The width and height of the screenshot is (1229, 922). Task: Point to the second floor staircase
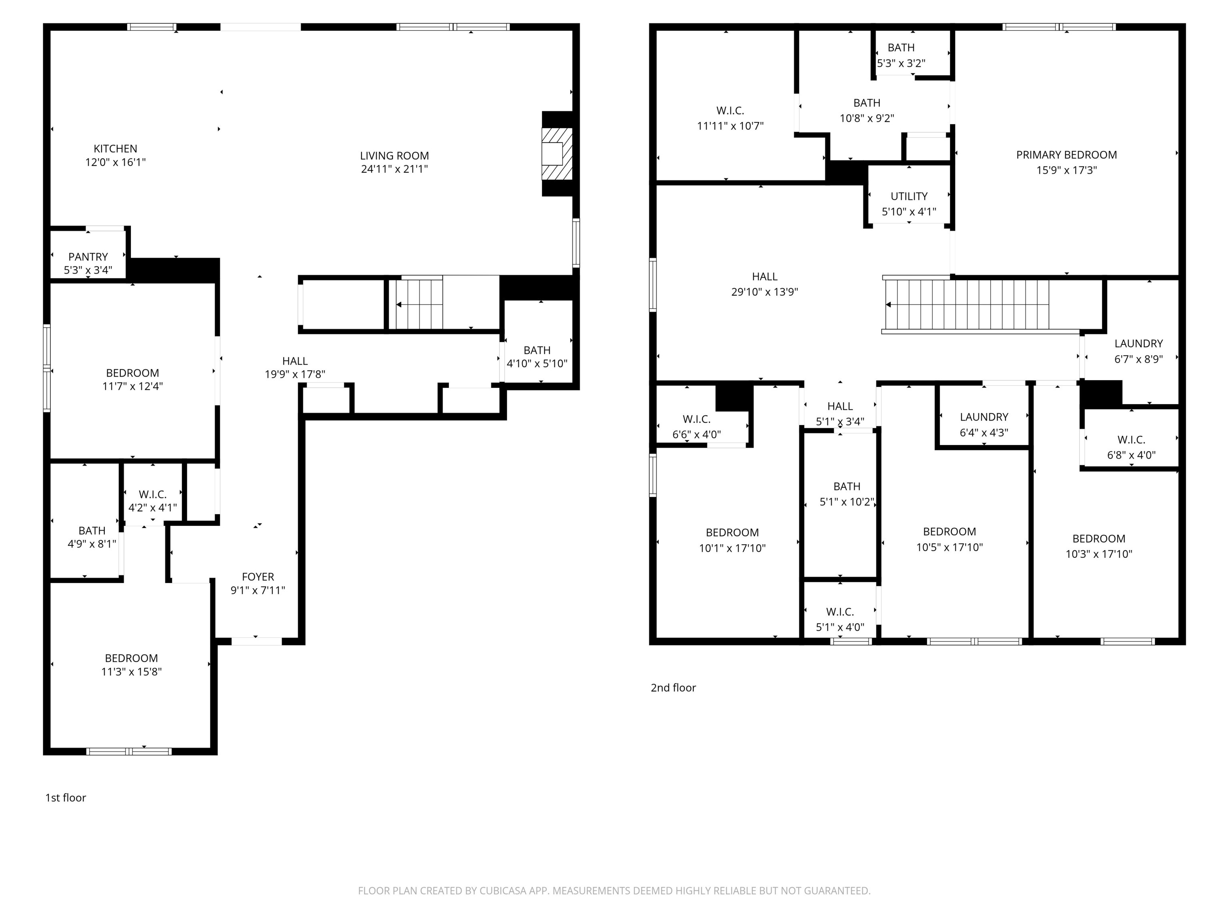coord(967,305)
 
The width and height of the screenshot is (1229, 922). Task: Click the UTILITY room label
coord(909,196)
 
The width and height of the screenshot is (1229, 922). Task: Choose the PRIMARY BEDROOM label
coord(1066,155)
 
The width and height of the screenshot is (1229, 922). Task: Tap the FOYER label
coord(258,577)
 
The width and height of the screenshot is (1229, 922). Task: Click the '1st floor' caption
coord(66,798)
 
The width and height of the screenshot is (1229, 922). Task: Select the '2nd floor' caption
coord(673,687)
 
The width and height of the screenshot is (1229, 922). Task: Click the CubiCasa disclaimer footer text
coord(614,891)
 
